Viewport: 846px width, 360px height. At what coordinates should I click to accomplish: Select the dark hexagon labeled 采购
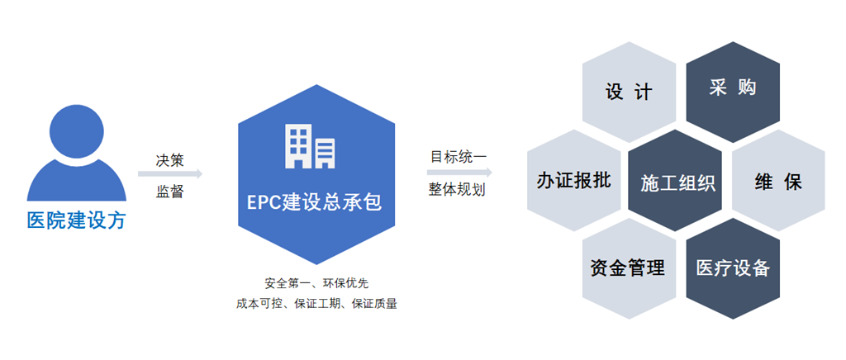[733, 89]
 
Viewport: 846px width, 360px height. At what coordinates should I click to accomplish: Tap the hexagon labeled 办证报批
[574, 180]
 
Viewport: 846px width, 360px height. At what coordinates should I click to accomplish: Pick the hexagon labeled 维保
[778, 180]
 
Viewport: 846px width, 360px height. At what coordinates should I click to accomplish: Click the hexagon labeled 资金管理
[629, 268]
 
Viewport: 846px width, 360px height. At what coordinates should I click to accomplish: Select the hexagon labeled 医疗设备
[733, 268]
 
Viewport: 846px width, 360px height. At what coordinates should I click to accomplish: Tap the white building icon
[310, 145]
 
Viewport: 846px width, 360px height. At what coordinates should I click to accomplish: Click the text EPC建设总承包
[315, 202]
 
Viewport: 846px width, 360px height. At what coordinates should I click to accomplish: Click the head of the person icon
[77, 132]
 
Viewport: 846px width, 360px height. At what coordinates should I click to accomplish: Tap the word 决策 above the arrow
[170, 161]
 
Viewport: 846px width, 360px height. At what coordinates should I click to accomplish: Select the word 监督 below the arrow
[170, 192]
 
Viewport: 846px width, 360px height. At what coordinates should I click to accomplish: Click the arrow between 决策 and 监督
[170, 173]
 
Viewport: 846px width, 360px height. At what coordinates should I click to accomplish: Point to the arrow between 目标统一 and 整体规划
[459, 173]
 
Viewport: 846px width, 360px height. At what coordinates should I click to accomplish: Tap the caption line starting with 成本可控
[316, 304]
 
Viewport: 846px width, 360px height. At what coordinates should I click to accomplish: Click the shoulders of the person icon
[77, 183]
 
